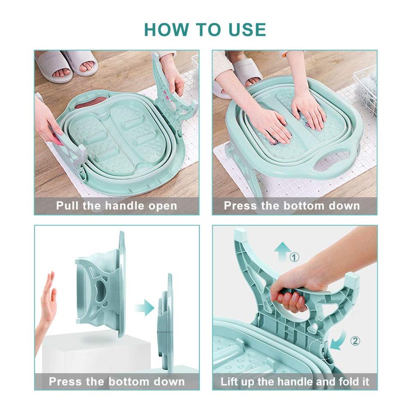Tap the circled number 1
click(295, 257)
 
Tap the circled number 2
click(355, 341)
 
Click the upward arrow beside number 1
click(282, 251)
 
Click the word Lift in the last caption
click(230, 381)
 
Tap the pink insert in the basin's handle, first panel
click(90, 102)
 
